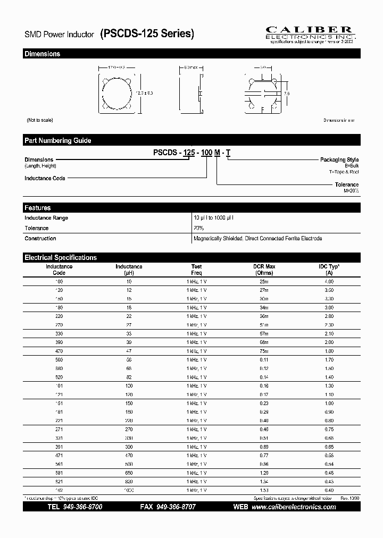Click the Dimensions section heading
pos(43,54)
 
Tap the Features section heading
pos(38,208)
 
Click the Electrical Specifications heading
pos(61,257)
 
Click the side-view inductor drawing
pos(189,93)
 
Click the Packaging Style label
pos(339,159)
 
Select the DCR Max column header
pos(264,270)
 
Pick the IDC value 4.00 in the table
pos(329,281)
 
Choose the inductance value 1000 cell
pos(129,490)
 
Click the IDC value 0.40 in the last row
pos(329,490)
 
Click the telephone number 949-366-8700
pos(82,507)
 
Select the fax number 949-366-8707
pos(176,507)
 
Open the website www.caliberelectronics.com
pos(293,507)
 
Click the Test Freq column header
pos(197,270)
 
